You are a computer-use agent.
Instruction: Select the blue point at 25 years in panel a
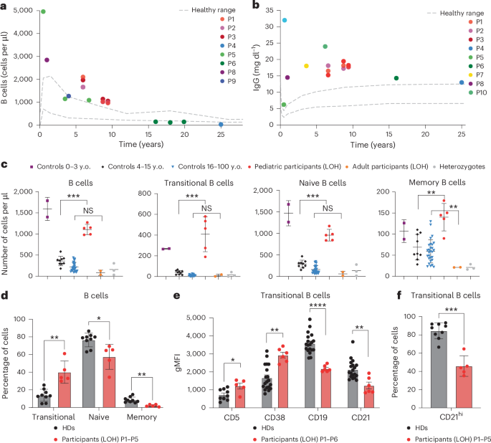coord(221,124)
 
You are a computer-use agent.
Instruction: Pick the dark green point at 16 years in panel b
coord(396,78)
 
